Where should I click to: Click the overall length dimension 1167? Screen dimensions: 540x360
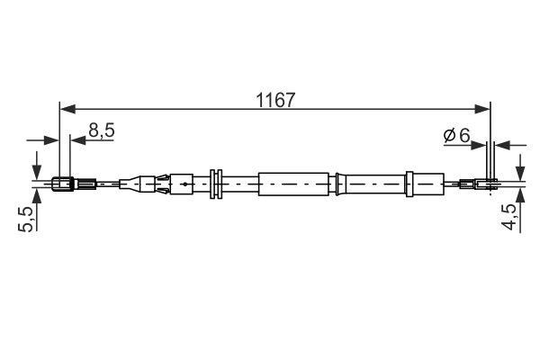(275, 100)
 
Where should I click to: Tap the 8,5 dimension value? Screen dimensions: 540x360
(101, 130)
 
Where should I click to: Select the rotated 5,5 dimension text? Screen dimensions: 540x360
(26, 219)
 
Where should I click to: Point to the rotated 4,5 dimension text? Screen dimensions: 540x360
(508, 217)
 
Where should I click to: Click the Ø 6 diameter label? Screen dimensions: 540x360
(456, 135)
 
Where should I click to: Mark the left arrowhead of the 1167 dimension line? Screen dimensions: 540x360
(67, 109)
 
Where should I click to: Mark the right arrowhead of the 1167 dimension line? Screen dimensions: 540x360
(482, 109)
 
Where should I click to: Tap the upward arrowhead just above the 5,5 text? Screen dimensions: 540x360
(36, 195)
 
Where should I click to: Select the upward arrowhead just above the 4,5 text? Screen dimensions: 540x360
(520, 195)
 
